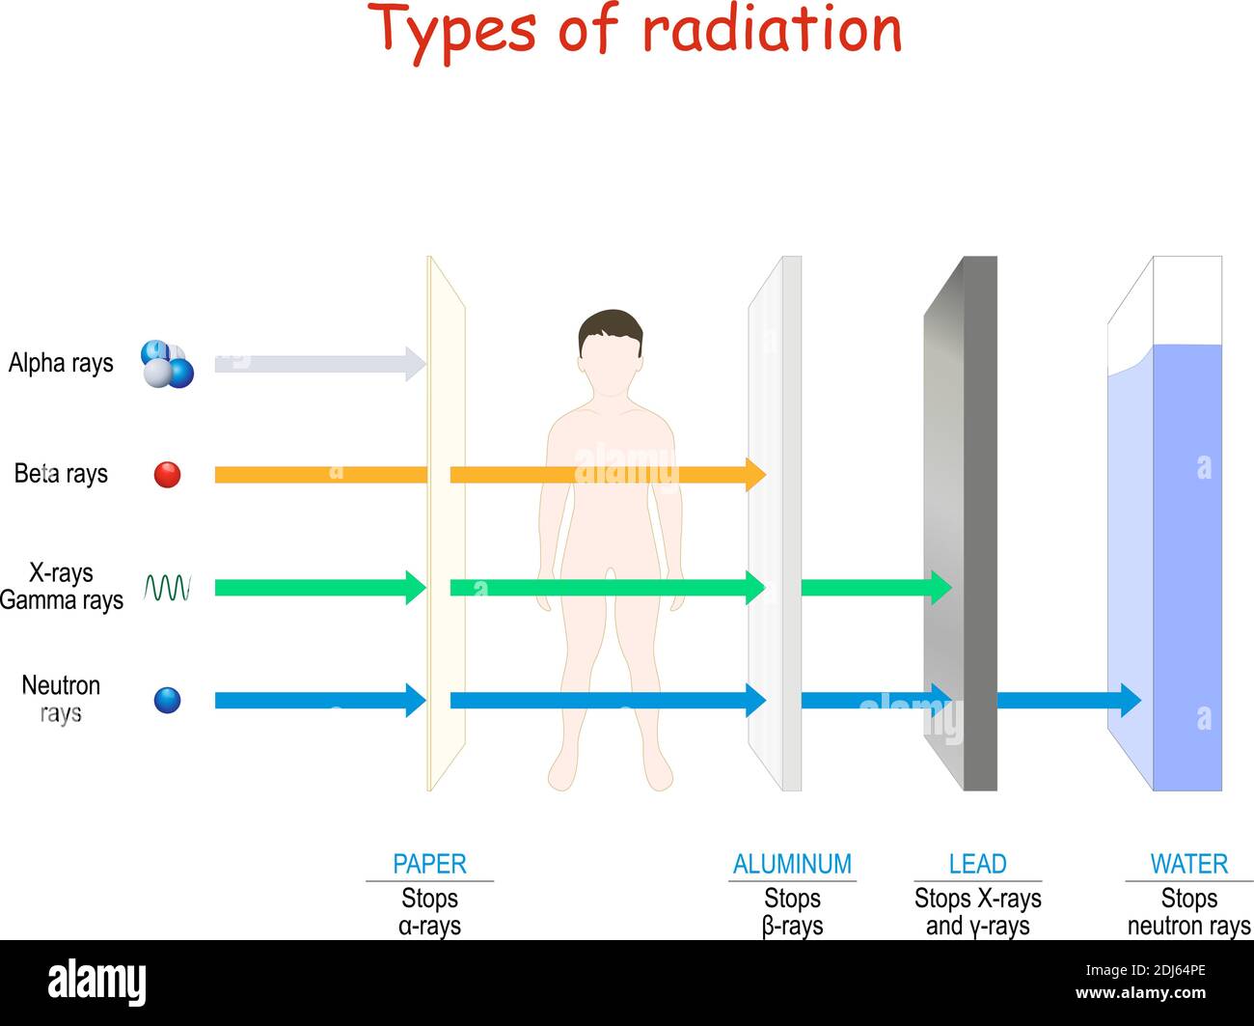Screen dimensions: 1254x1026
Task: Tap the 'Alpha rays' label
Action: tap(61, 363)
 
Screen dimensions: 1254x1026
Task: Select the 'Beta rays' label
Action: tap(61, 474)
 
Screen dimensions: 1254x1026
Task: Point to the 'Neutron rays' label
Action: tap(61, 699)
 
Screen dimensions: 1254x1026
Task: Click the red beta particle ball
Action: tap(167, 475)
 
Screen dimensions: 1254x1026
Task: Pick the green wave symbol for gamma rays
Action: tap(167, 588)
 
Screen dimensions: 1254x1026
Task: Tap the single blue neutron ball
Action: tap(167, 701)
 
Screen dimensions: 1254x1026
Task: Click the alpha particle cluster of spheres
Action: tap(167, 364)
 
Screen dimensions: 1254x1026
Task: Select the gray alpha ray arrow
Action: tap(320, 364)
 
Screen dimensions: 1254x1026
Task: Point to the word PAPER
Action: tap(429, 864)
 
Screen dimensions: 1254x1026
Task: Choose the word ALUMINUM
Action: tap(792, 864)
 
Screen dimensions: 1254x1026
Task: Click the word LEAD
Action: tap(977, 864)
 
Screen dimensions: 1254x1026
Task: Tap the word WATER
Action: tap(1189, 864)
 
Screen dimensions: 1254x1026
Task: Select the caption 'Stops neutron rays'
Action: tap(1189, 912)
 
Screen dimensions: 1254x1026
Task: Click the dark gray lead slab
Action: tap(979, 524)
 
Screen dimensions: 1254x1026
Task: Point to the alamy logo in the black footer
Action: tap(96, 982)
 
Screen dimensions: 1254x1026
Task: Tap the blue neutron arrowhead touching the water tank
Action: tap(1131, 701)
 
